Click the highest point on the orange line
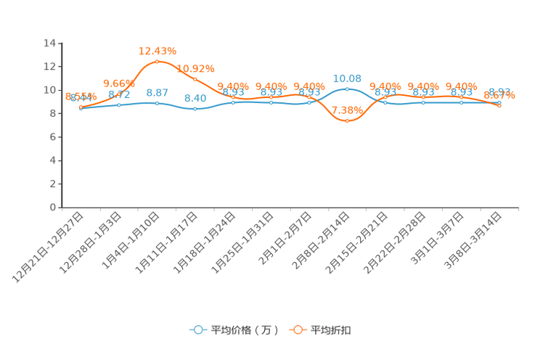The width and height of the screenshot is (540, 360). click(157, 61)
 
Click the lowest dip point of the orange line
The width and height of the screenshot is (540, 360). click(347, 121)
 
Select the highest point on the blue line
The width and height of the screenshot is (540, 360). click(347, 89)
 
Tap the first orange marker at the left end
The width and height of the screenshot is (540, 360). click(81, 107)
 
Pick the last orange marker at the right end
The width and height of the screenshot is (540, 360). click(499, 106)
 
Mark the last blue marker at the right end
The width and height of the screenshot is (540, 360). click(499, 103)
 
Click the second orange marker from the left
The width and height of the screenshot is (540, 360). click(119, 95)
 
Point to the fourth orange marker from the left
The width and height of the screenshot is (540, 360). click(195, 78)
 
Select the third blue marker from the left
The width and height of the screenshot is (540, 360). click(157, 103)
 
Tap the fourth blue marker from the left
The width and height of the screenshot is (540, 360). click(195, 109)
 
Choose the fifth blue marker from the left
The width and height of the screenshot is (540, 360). click(233, 102)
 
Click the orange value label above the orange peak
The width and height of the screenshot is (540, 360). click(157, 50)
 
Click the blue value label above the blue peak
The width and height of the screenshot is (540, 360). click(347, 78)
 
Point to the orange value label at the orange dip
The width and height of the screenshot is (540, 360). click(345, 110)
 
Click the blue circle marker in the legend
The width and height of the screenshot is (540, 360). click(197, 330)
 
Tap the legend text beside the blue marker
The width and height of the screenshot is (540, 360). click(245, 330)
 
